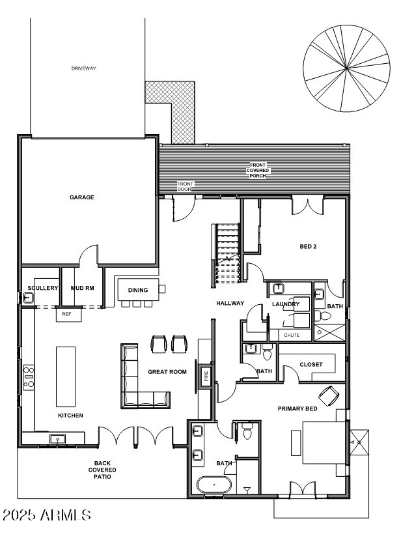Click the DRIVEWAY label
(83, 68)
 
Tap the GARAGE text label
(82, 197)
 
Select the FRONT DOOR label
(186, 186)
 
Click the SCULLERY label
(43, 288)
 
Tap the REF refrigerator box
(66, 314)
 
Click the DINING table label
(137, 290)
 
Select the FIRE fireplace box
(206, 377)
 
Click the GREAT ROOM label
(167, 372)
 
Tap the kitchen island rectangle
(66, 377)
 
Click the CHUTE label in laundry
(292, 335)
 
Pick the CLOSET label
(311, 364)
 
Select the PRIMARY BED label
(297, 408)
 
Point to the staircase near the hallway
(227, 254)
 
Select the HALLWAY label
(230, 303)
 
